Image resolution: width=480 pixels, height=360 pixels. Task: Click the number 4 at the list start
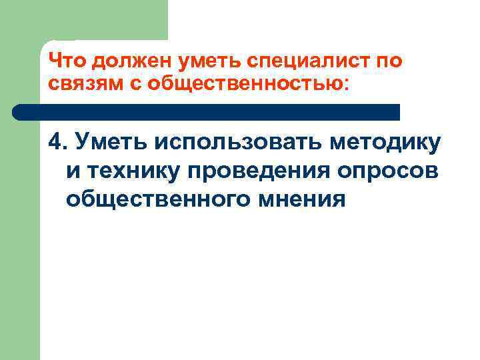coord(55,141)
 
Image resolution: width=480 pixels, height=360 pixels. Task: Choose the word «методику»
coord(389,141)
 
